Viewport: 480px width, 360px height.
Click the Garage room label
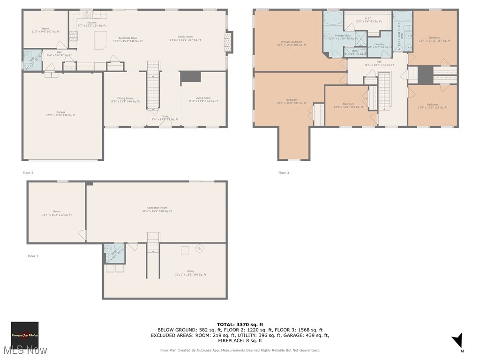pos(61,113)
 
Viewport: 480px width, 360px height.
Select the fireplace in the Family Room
pos(228,41)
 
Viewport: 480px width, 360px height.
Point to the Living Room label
pos(203,99)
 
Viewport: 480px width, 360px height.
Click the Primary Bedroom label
pos(292,44)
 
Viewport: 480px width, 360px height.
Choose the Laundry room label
pos(379,45)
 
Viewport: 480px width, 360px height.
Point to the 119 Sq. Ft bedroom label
pos(348,105)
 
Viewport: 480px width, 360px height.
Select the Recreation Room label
pos(157,209)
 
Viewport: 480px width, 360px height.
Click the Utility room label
pos(190,273)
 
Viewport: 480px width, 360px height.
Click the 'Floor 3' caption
pos(284,173)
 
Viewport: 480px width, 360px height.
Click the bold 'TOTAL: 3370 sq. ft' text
pos(240,324)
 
